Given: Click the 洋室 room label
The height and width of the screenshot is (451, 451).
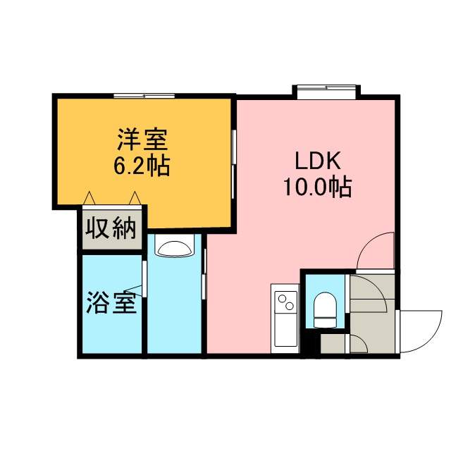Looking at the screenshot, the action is (142, 140).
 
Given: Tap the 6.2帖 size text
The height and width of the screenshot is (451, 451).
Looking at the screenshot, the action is (142, 166).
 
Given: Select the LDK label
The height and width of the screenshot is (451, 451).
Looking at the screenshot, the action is (319, 161).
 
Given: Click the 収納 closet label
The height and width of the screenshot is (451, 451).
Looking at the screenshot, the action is (111, 228).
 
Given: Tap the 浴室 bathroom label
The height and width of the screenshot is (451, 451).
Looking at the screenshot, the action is (111, 302).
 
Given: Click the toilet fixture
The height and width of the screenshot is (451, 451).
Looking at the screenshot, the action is (325, 310).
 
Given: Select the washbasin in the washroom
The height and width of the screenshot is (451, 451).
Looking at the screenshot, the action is (174, 249).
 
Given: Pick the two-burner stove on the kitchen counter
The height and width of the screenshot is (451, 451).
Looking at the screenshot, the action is (285, 301).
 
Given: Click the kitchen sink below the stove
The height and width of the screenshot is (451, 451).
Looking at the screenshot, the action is (285, 330).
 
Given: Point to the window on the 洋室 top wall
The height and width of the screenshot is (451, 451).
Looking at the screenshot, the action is (144, 96).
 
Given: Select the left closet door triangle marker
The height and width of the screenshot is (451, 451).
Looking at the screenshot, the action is (89, 198).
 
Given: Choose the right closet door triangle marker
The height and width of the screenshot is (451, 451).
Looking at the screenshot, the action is (135, 198).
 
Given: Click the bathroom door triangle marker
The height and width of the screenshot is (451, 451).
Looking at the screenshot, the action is (134, 291).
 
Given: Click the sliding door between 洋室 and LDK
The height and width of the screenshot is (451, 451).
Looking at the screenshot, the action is (234, 164).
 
